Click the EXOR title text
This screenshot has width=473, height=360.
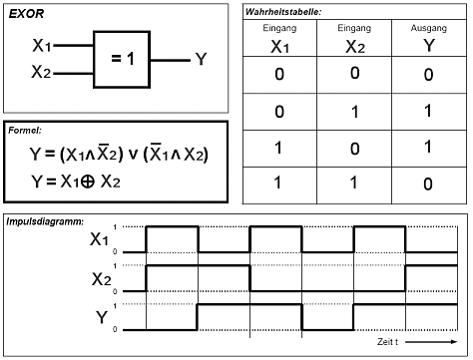click(x=26, y=14)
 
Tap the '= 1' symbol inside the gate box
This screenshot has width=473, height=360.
click(x=123, y=59)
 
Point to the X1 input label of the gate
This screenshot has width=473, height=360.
click(x=42, y=45)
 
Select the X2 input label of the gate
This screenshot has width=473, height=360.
click(x=41, y=71)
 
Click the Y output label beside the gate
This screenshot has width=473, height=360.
click(x=201, y=59)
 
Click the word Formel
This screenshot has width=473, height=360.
click(x=25, y=130)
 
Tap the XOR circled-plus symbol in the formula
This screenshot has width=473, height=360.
click(x=88, y=181)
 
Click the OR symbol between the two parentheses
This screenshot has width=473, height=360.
click(x=133, y=155)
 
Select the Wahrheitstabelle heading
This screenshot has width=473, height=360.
click(x=283, y=12)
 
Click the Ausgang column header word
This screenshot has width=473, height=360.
click(x=429, y=28)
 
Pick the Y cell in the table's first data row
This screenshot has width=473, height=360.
click(x=429, y=75)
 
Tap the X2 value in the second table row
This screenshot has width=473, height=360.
click(x=355, y=112)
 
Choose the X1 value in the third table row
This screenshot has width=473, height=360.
click(x=278, y=148)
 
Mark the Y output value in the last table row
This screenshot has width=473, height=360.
click(x=428, y=183)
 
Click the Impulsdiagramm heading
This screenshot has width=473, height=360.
click(x=45, y=221)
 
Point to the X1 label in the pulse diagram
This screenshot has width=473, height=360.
click(x=99, y=238)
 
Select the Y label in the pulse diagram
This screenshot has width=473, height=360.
click(x=102, y=317)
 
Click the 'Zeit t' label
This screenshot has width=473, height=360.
click(x=388, y=342)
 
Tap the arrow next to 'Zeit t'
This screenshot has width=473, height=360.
click(x=431, y=342)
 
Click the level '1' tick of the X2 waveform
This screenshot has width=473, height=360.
click(x=115, y=266)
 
